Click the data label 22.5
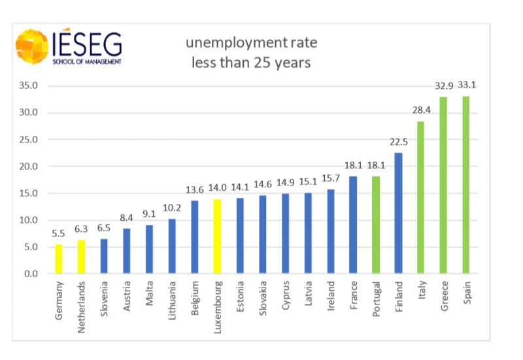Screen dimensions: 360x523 (x=398, y=142)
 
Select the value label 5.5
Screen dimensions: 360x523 (x=58, y=234)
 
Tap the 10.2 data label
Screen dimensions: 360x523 (x=171, y=208)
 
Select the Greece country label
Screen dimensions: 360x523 (x=445, y=296)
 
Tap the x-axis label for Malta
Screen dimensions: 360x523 (x=149, y=293)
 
